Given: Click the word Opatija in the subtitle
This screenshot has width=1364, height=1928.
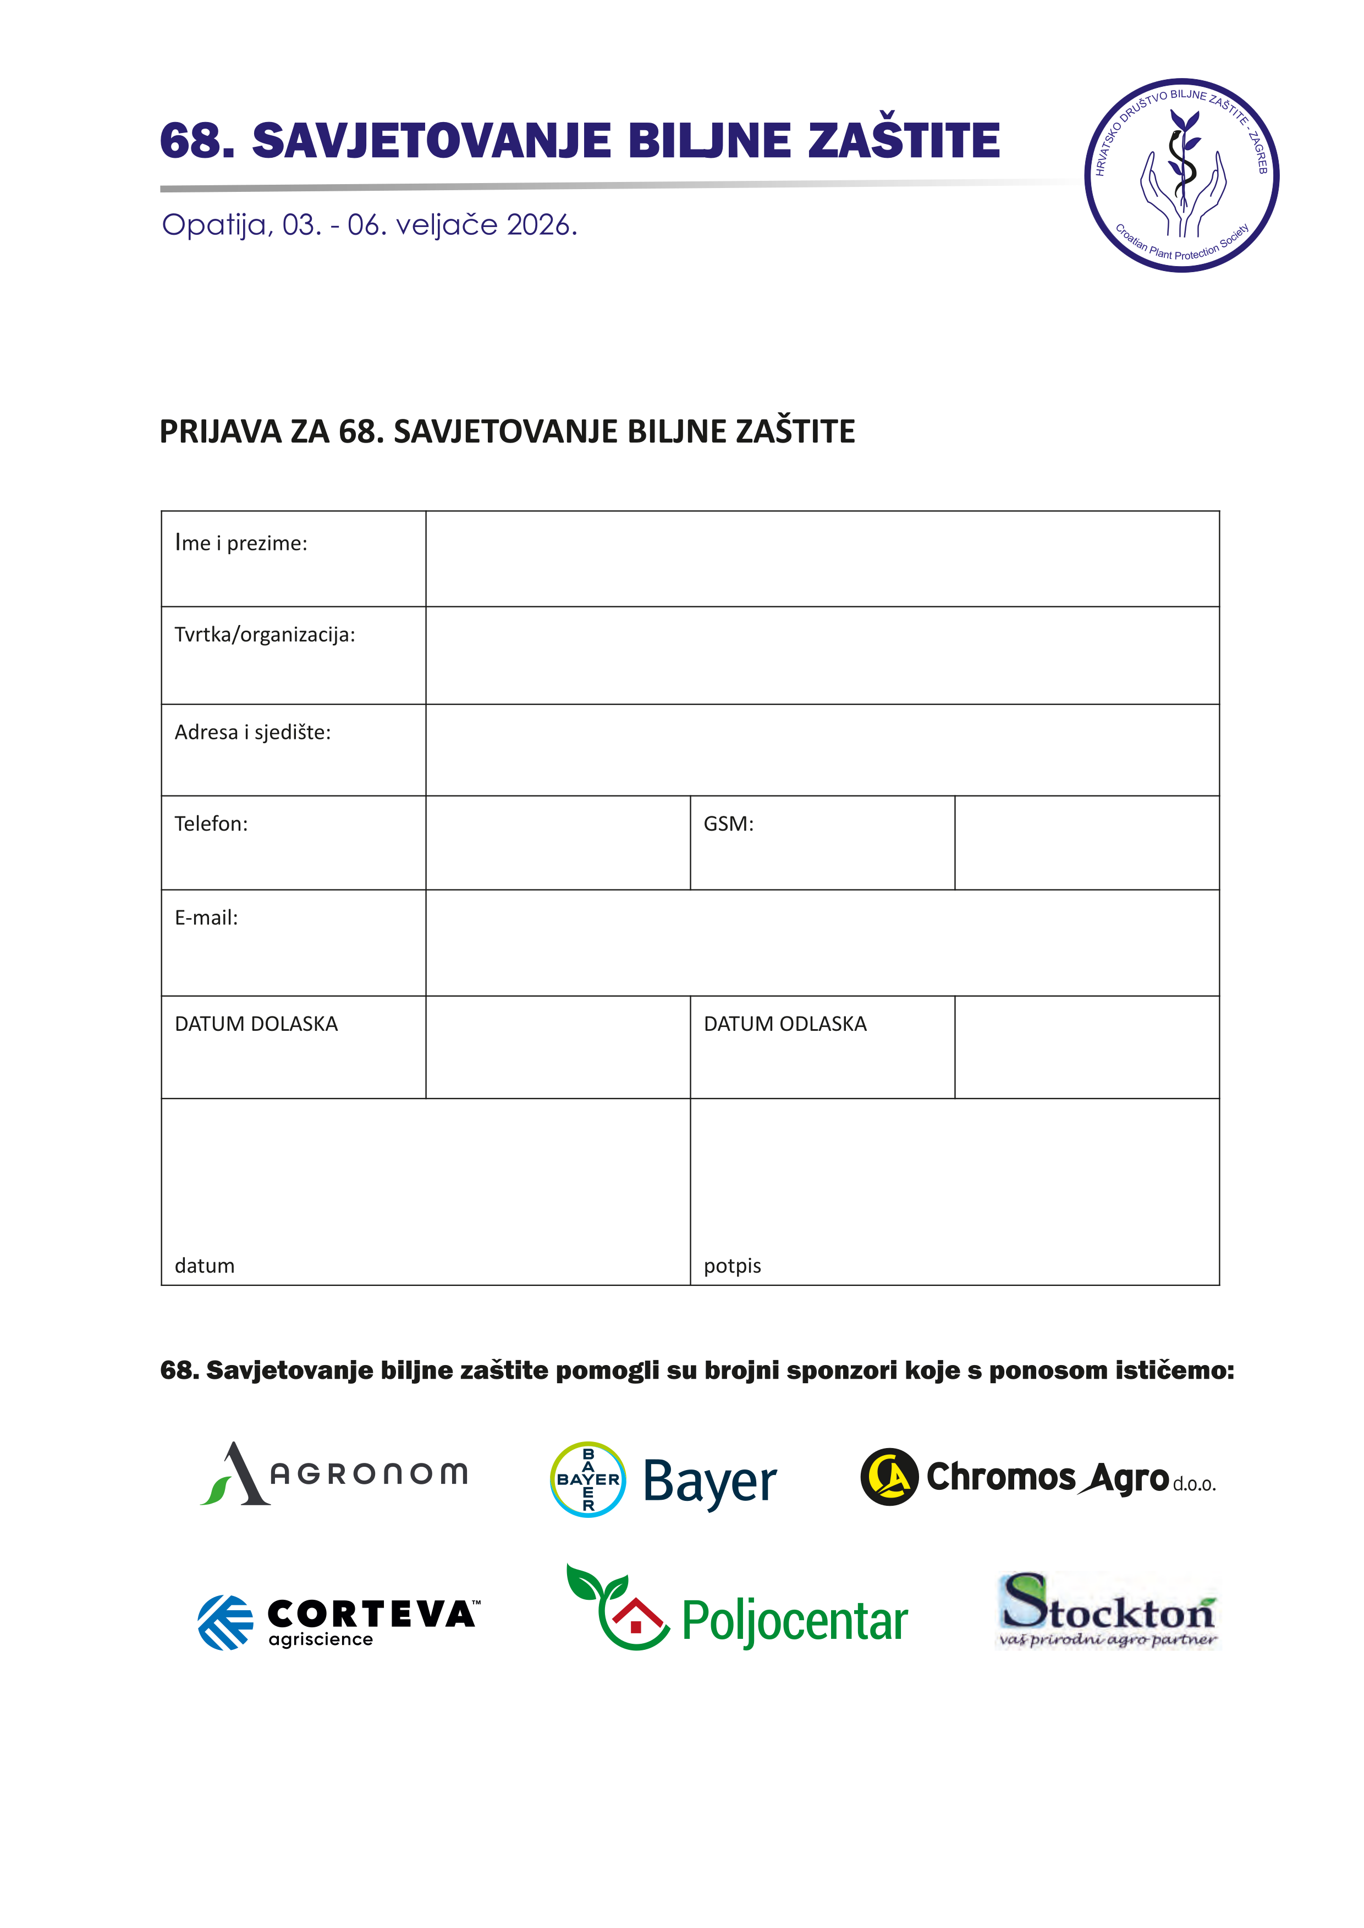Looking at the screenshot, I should point(215,225).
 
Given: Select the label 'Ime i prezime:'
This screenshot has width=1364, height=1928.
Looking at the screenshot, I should point(241,543).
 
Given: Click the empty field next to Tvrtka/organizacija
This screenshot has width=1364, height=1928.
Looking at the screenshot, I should point(821,655).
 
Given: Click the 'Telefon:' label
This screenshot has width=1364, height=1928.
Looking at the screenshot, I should point(211,824).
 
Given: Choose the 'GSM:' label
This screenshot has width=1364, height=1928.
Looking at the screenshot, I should point(728,824).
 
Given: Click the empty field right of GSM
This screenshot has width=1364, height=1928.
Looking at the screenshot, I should point(1086,842).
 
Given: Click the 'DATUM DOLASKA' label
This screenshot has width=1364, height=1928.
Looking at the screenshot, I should point(256,1024).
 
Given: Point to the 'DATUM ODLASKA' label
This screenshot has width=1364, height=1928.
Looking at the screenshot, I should point(784,1024).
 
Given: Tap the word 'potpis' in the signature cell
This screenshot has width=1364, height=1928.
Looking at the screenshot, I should point(732,1266).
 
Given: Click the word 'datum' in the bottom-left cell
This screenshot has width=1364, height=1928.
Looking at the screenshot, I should point(204,1266).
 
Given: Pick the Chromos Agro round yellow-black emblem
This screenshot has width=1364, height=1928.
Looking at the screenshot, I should point(889,1477).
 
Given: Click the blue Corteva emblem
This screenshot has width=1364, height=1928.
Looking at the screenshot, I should point(225,1622).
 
